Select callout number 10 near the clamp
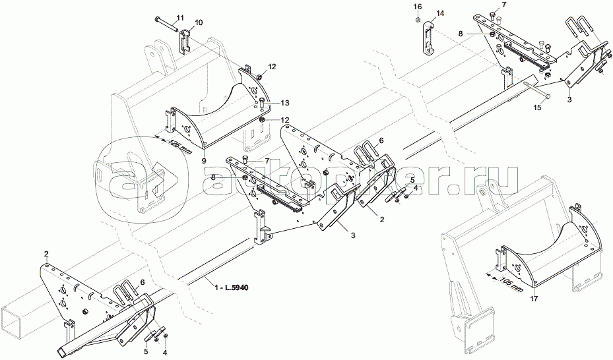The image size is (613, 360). click(x=199, y=22)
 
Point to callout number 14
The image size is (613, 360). click(x=440, y=13)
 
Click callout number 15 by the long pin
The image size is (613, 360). click(x=537, y=106)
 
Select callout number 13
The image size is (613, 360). click(x=284, y=103)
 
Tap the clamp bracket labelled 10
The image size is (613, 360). click(x=186, y=44)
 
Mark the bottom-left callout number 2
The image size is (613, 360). click(x=46, y=254)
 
